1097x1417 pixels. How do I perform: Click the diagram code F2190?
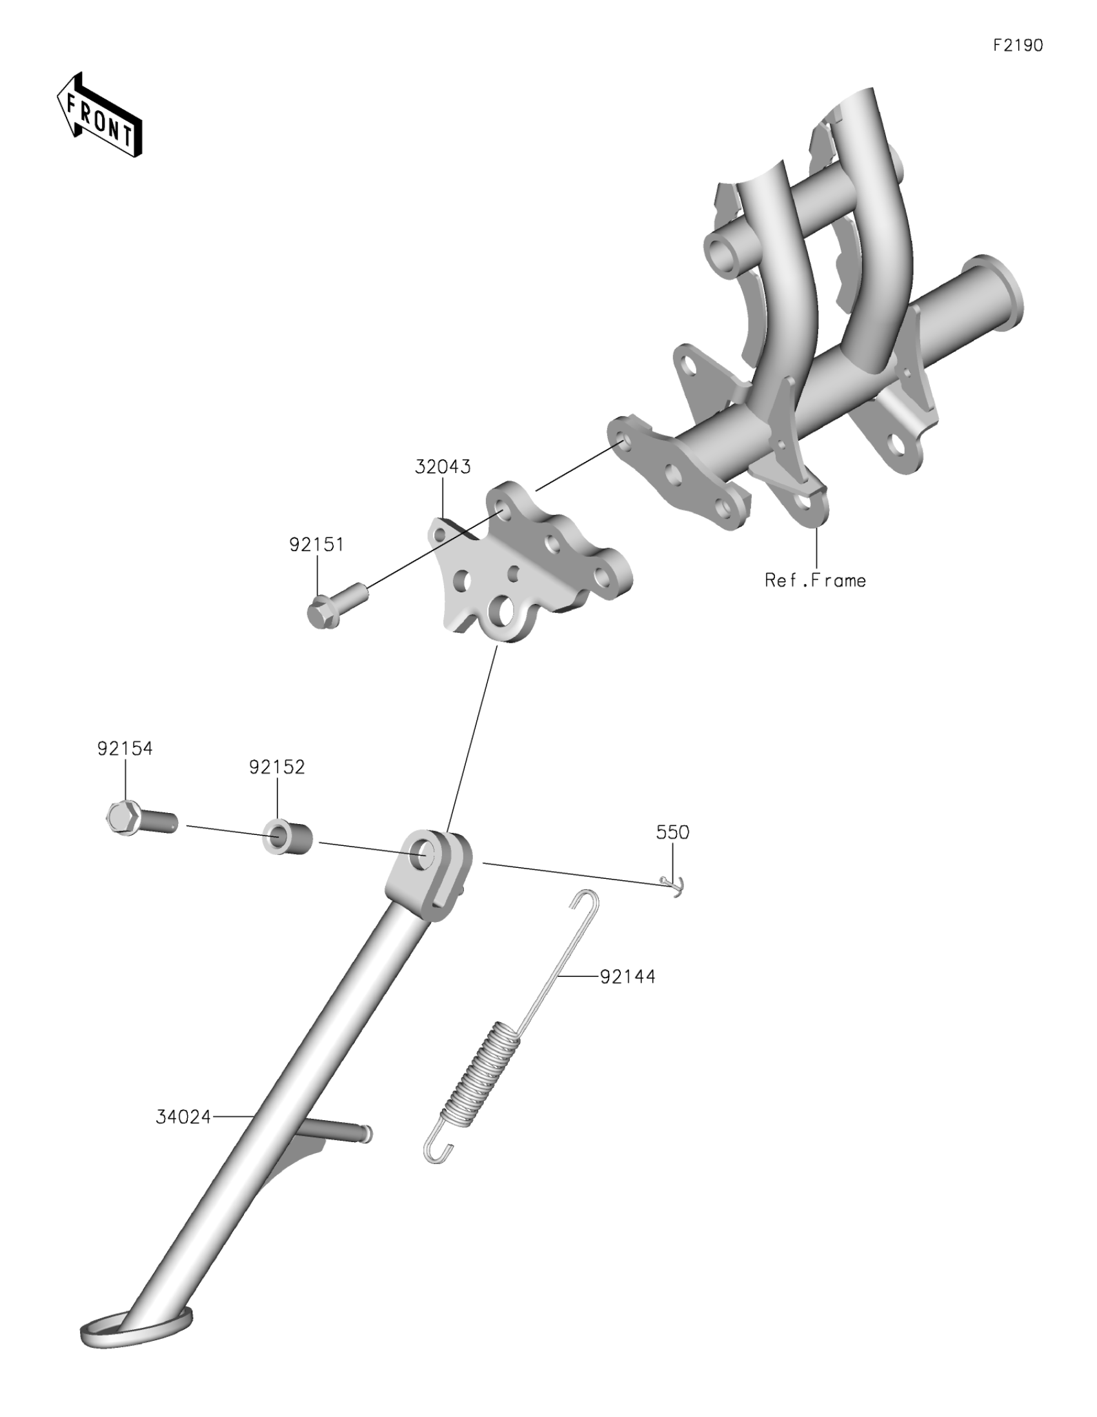tap(1017, 45)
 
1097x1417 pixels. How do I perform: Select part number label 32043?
tap(443, 467)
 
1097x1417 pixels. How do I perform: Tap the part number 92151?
tap(316, 545)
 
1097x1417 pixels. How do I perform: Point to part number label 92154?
tap(125, 748)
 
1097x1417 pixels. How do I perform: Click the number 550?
tap(672, 832)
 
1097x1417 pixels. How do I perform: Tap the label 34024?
tap(184, 1116)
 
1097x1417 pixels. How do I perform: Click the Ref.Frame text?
tap(815, 580)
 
